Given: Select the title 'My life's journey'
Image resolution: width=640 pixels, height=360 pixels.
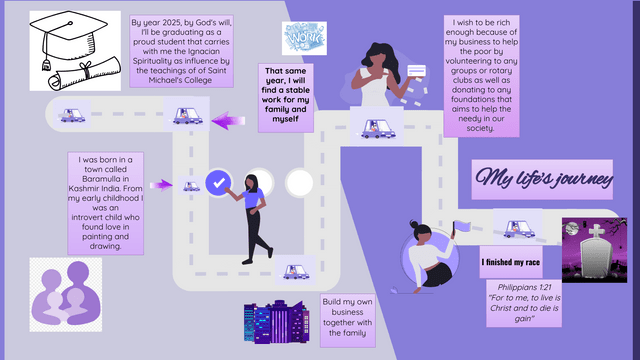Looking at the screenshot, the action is (544, 179).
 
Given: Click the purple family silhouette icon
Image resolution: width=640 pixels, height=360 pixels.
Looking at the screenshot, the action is (65, 293).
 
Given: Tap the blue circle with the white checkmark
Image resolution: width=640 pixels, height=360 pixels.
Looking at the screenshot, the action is (218, 182).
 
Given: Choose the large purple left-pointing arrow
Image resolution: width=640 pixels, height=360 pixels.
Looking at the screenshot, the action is (227, 121).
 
